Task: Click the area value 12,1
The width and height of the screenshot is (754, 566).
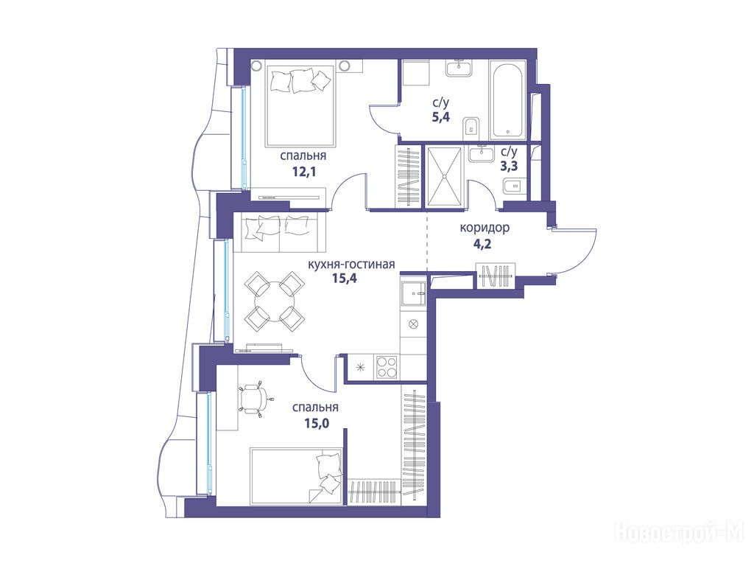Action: tap(304, 171)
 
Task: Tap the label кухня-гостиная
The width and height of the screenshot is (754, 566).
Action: tap(351, 265)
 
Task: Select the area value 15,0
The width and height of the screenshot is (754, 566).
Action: tap(316, 423)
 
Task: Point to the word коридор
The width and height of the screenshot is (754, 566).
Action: tap(485, 228)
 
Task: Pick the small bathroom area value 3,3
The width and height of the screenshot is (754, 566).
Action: tap(509, 167)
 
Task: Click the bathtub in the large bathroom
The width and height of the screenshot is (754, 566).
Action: tap(507, 99)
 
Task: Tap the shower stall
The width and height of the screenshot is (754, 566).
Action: tap(444, 177)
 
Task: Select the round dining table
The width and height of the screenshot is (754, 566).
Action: tap(275, 301)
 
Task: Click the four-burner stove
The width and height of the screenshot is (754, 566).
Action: tap(386, 367)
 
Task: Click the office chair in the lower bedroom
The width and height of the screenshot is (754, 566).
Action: tap(253, 398)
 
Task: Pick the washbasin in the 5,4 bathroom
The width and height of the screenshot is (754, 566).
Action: tap(459, 68)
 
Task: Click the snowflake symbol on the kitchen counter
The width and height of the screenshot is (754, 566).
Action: tap(359, 367)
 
